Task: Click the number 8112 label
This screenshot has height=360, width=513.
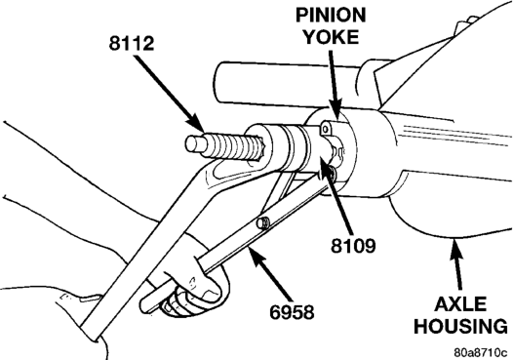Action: [132, 43]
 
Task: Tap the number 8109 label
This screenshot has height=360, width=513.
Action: [353, 246]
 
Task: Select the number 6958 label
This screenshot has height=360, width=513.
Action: [292, 311]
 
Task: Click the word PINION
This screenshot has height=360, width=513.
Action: [331, 15]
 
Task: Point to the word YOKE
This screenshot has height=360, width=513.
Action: [331, 37]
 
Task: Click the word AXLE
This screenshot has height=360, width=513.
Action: [460, 304]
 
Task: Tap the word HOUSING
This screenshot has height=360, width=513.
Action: [461, 326]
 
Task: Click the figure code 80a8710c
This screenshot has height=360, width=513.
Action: [481, 353]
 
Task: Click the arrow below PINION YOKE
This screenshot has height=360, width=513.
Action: [335, 85]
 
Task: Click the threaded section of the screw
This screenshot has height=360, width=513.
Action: [229, 148]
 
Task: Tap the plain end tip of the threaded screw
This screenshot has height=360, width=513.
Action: [194, 143]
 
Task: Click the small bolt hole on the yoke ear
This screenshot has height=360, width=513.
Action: [325, 130]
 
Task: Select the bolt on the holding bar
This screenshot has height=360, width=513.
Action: [262, 222]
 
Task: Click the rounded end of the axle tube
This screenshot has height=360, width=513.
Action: [217, 83]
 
